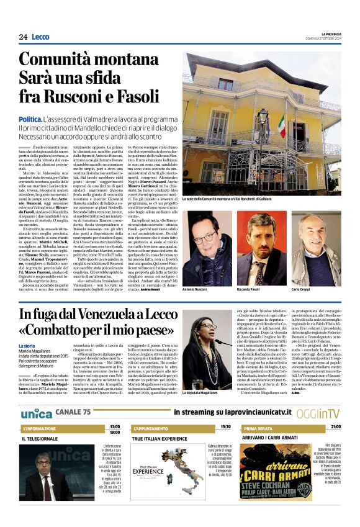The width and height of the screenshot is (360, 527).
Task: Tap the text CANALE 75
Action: point(73,413)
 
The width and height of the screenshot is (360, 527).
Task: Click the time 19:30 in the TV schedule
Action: point(225,426)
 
